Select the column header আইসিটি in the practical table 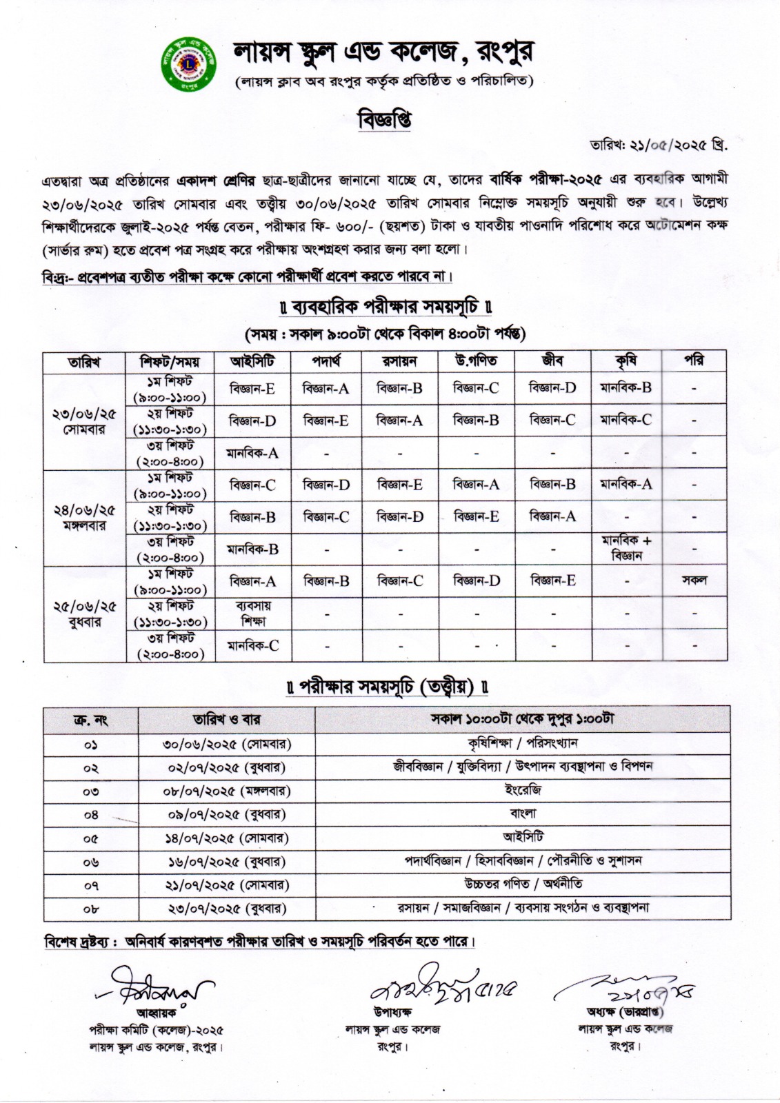coord(252,361)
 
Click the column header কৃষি coord(625,361)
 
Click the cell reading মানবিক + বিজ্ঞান coord(626,548)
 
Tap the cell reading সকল coord(694,580)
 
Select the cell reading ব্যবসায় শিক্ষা coord(252,614)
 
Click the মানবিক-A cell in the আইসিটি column coord(252,454)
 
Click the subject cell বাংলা coord(522,813)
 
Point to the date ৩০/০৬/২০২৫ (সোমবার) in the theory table coord(227,745)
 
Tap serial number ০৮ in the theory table coord(90,909)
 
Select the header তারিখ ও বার coord(227,720)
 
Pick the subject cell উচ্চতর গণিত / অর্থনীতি coord(522,884)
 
